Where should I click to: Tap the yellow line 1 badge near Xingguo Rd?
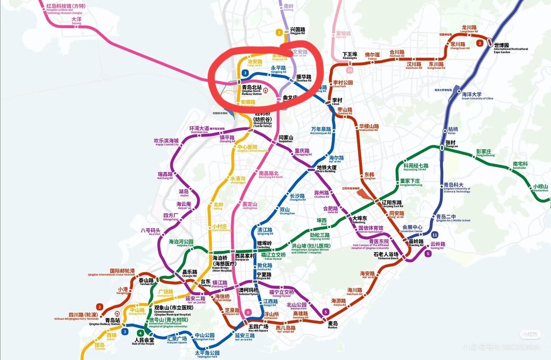tap(280, 32)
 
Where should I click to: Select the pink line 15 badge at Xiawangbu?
tap(350, 70)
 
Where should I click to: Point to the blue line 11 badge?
tap(435, 234)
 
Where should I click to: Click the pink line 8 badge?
tap(248, 312)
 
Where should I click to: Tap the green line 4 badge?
tap(140, 333)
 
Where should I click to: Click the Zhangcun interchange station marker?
tap(442, 148)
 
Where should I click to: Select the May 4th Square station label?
tap(258, 329)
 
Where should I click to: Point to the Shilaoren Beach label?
tap(386, 255)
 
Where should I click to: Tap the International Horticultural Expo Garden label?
tap(511, 48)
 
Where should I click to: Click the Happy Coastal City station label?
tap(166, 142)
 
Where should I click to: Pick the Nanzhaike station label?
tap(520, 166)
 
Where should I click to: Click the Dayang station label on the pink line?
tap(77, 21)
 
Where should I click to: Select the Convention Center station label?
tap(412, 228)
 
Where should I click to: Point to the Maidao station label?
tap(332, 324)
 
